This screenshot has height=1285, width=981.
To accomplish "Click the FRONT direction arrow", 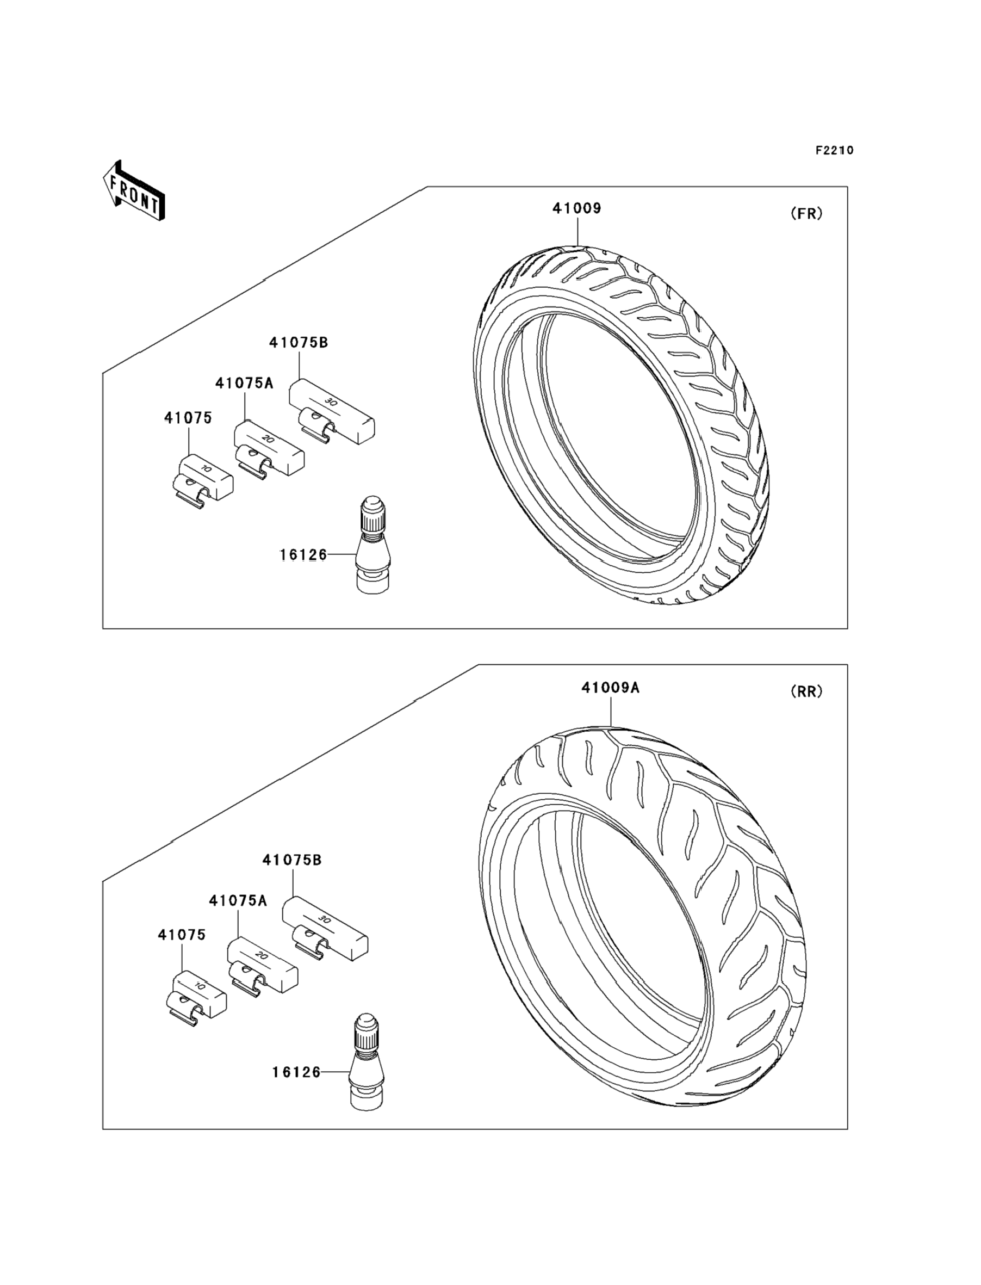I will (x=134, y=191).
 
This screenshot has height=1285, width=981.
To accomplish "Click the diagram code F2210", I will (x=834, y=150).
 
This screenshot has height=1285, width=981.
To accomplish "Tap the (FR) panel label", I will (x=806, y=214).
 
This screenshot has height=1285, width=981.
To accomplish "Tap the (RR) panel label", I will (x=806, y=691).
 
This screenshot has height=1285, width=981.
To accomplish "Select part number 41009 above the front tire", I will (x=577, y=208).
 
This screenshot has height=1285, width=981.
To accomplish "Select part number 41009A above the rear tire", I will (x=610, y=688).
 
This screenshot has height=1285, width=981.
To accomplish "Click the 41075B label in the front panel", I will (x=299, y=343).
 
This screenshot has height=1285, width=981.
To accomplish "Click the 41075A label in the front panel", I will (x=244, y=383).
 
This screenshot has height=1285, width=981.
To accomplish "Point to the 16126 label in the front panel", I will (x=303, y=555).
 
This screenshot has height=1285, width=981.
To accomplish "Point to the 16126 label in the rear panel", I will (x=296, y=1072).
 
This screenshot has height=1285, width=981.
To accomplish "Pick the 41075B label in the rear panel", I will (x=292, y=860).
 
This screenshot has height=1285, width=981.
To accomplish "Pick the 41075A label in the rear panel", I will (x=238, y=901).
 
